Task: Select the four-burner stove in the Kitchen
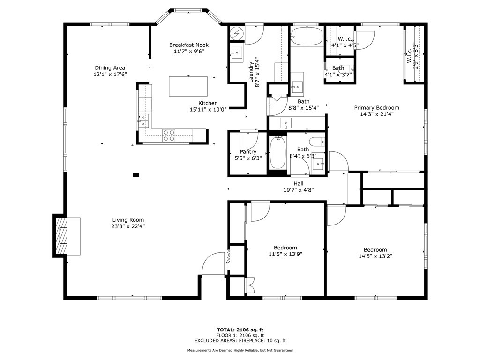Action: pyautogui.click(x=169, y=135)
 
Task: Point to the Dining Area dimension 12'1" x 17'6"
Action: pyautogui.click(x=110, y=74)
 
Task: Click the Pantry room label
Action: pyautogui.click(x=248, y=152)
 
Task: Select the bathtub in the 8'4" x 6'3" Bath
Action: pyautogui.click(x=278, y=153)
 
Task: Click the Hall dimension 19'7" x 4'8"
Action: pyautogui.click(x=298, y=190)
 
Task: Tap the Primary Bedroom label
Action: pyautogui.click(x=376, y=107)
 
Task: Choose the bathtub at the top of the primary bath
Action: pyautogui.click(x=307, y=36)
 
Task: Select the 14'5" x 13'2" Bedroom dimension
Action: pyautogui.click(x=375, y=256)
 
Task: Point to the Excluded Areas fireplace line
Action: pyautogui.click(x=240, y=341)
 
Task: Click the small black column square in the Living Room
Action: pyautogui.click(x=136, y=175)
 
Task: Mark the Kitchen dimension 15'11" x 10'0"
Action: pyautogui.click(x=208, y=109)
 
